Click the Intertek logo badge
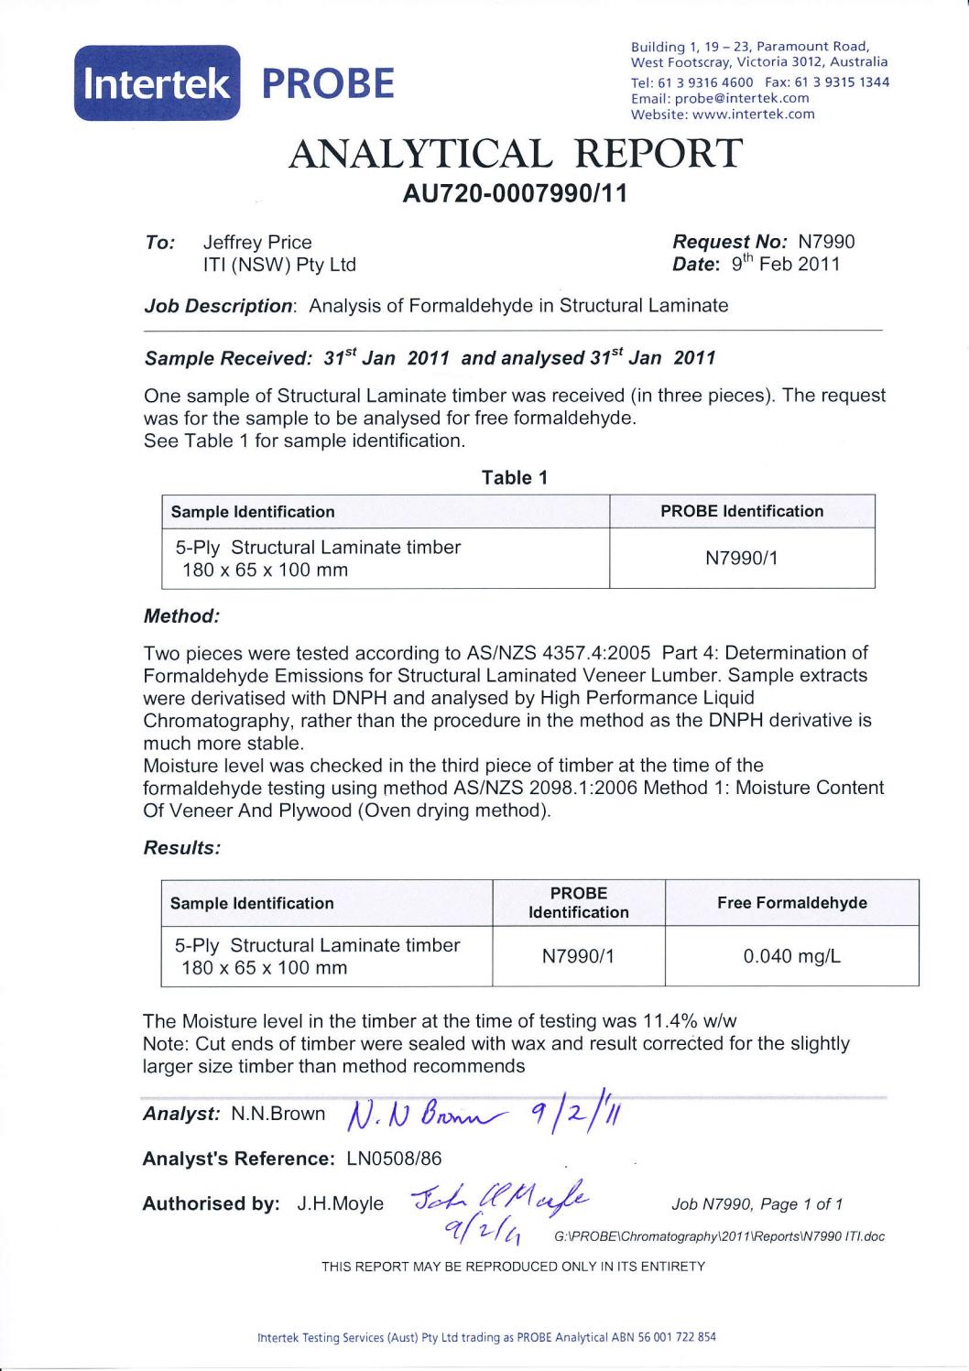[156, 83]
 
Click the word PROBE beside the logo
[328, 83]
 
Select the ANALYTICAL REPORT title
[515, 153]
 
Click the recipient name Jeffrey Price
[257, 242]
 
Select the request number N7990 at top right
[826, 242]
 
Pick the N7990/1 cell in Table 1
[741, 558]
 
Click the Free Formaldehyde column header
[791, 903]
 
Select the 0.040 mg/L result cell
[791, 956]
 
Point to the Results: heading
[182, 848]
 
